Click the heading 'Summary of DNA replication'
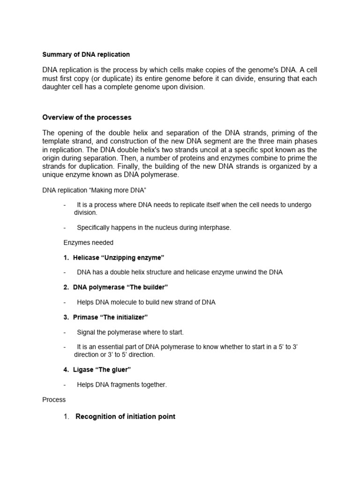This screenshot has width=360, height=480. point(86,55)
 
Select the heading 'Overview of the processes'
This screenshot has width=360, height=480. point(87,117)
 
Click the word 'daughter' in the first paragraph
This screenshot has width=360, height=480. point(56,87)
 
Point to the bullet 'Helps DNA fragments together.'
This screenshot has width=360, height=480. point(122,385)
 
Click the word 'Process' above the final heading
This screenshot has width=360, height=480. point(54,400)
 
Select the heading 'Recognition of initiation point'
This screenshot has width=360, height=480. point(125,416)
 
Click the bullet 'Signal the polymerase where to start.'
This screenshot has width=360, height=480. point(130,332)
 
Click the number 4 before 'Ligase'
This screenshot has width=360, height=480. point(66,370)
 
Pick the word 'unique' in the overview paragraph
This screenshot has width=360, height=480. point(53,175)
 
